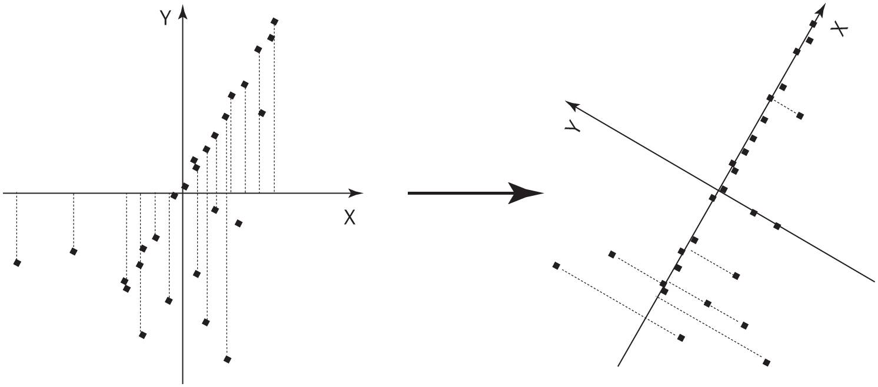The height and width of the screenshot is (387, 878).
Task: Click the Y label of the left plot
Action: coord(165,18)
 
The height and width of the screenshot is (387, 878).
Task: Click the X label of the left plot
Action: coord(350,218)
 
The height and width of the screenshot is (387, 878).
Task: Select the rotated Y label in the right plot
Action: coord(573,126)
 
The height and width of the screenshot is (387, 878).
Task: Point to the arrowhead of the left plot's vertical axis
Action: coord(183,12)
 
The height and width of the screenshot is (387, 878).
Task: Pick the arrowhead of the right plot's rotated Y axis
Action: coord(572,105)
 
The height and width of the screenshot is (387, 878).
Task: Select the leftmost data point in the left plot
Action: coord(17,263)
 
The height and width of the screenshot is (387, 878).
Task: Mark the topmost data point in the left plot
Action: coord(274,21)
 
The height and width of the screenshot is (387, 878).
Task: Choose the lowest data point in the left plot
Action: coord(227,359)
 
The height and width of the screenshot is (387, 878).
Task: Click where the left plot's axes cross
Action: coord(182,193)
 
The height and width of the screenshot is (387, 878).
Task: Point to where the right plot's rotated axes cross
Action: coord(719,191)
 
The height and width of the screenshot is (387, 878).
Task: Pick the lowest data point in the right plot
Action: coord(767,363)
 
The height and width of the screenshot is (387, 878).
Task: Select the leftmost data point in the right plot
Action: coord(556,266)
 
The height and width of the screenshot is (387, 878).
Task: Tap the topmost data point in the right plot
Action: coord(813,24)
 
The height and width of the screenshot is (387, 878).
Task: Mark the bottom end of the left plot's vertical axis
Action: coord(182,383)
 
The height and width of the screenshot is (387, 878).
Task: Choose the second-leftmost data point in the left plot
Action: coord(74,252)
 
